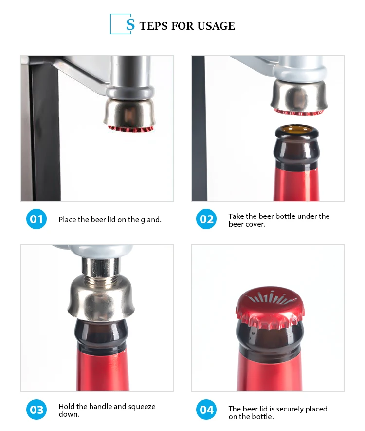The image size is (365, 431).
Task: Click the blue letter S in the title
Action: pyautogui.click(x=130, y=25)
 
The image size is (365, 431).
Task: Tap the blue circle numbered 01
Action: pyautogui.click(x=36, y=219)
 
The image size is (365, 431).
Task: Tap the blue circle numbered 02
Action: pyautogui.click(x=206, y=219)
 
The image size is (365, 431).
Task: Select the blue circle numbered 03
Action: pyautogui.click(x=36, y=410)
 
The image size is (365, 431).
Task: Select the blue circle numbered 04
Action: pyautogui.click(x=206, y=410)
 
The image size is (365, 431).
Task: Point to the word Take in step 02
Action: pyautogui.click(x=237, y=216)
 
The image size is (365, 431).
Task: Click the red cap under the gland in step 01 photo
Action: pyautogui.click(x=130, y=129)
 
